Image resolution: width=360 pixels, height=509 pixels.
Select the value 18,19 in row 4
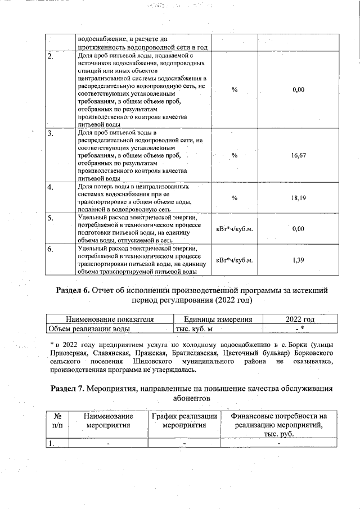click(299, 198)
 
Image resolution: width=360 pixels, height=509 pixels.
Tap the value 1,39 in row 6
click(299, 260)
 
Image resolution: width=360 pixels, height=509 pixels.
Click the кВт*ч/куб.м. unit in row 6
click(235, 260)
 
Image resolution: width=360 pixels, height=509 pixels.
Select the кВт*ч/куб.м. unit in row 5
click(235, 229)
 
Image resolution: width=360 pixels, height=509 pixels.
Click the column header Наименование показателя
click(110, 319)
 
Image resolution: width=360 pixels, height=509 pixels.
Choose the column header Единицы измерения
click(217, 319)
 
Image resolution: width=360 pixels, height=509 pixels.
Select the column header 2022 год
click(300, 319)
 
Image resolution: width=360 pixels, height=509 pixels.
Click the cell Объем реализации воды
click(89, 328)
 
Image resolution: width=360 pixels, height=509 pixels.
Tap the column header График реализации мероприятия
click(184, 421)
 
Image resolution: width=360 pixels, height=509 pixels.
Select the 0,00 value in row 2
click(299, 89)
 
